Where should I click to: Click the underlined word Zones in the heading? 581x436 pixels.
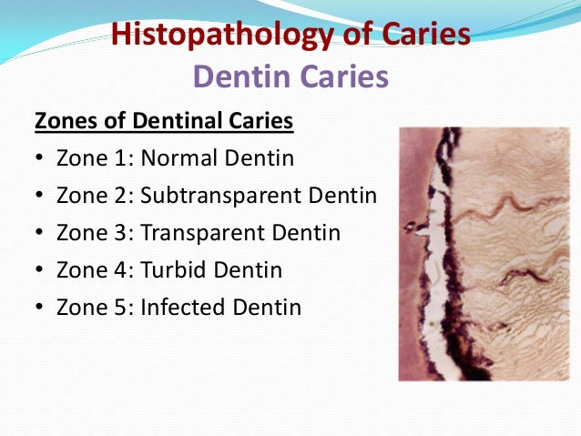coord(62,121)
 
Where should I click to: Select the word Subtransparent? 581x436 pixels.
coord(219,196)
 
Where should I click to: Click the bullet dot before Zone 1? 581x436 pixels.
coord(40,158)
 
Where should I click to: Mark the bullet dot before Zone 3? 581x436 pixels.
coord(40,233)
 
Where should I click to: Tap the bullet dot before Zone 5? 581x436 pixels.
coord(40,308)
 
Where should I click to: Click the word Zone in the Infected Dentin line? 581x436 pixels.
coord(82,308)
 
